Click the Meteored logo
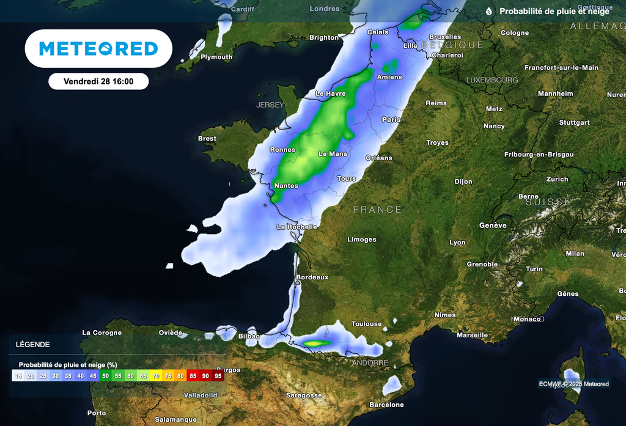click(98, 49)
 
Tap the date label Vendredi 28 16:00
click(98, 81)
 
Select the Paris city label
click(391, 120)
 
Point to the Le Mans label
click(333, 154)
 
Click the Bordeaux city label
click(312, 277)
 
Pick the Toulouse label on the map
click(366, 324)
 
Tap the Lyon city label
click(457, 243)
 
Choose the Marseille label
click(472, 335)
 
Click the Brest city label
click(207, 139)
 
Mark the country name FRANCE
click(378, 210)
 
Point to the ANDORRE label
click(370, 363)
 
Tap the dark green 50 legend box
click(106, 376)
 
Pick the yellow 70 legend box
click(156, 376)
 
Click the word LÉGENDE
click(33, 345)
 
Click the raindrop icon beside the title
click(489, 12)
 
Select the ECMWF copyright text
click(573, 384)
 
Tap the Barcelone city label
click(386, 405)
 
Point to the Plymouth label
click(216, 57)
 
